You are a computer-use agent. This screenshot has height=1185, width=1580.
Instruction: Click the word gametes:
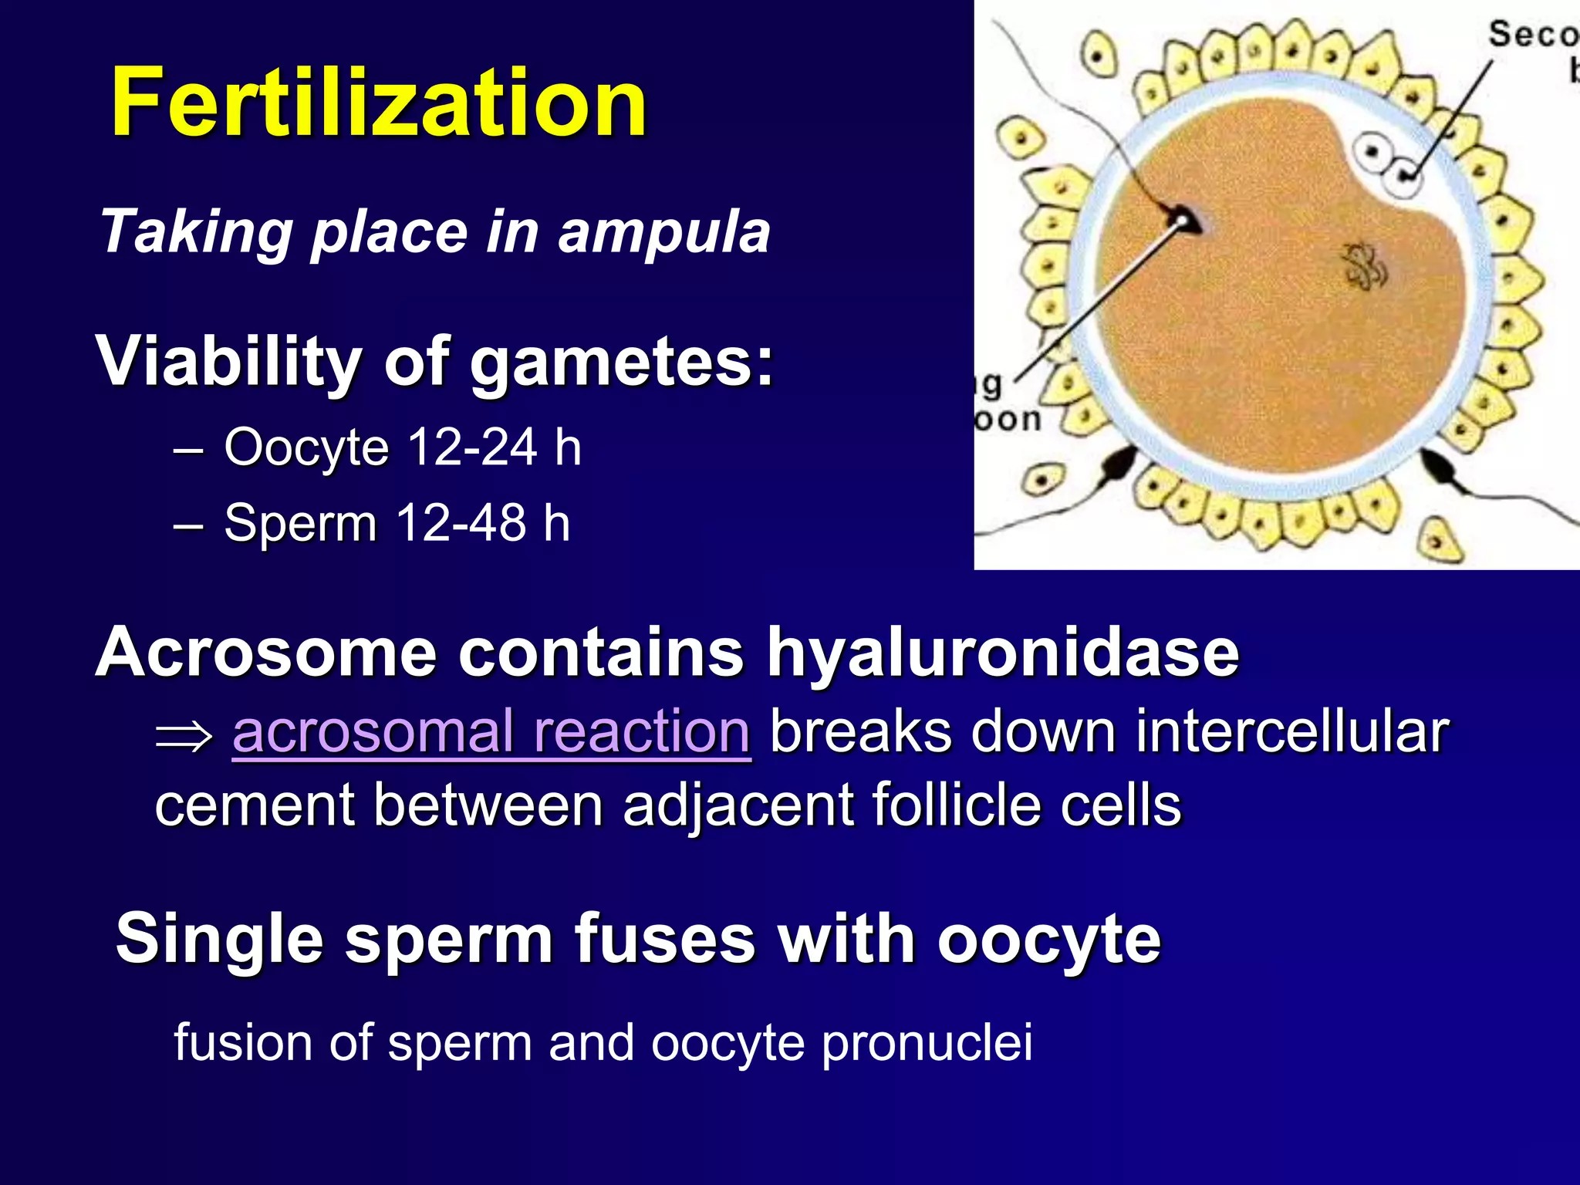click(621, 363)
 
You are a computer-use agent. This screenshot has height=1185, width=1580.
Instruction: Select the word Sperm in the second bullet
click(299, 523)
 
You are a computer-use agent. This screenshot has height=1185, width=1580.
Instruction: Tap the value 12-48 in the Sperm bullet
click(461, 522)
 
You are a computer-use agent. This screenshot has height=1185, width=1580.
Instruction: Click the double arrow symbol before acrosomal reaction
click(184, 734)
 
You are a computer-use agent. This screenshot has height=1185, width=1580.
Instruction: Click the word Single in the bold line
click(219, 940)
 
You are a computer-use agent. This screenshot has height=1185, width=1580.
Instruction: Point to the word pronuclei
click(927, 1043)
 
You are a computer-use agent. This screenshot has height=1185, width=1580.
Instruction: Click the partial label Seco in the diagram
click(1532, 35)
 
